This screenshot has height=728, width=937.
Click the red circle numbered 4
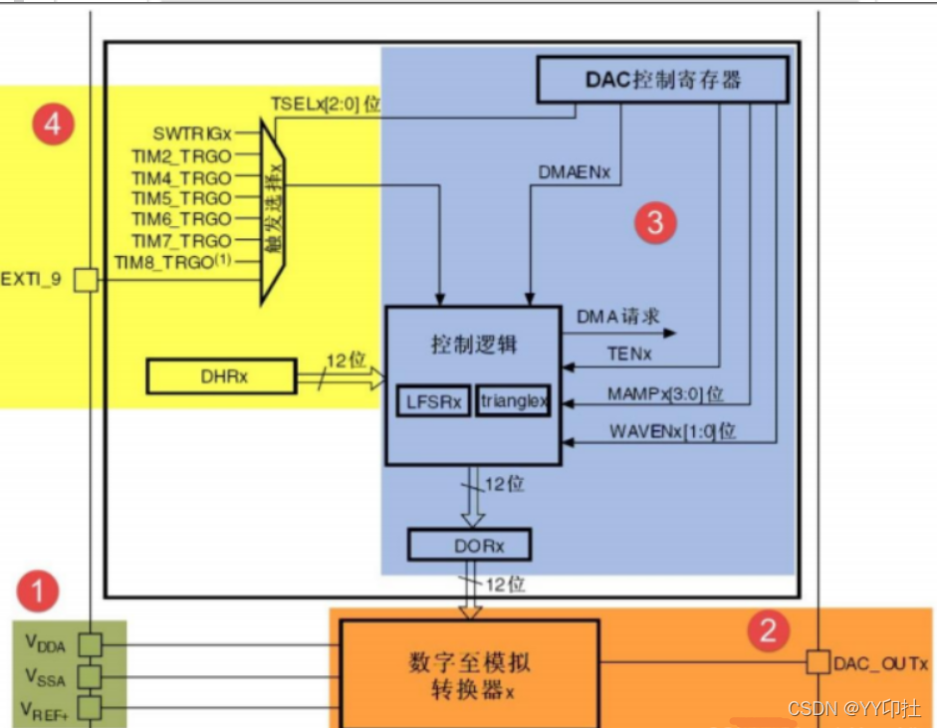52,124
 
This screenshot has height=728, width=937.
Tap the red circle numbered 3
654,222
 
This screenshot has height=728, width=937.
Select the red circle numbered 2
768,629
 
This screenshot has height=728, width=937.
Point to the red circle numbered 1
39,593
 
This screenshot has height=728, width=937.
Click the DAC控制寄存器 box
662,80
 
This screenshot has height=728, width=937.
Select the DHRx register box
221,376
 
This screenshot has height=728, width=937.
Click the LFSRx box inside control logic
433,401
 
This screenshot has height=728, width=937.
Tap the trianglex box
513,401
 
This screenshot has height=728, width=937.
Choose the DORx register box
469,545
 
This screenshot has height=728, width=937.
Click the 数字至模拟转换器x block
469,674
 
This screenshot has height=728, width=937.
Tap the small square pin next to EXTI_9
88,280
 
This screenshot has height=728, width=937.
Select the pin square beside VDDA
91,644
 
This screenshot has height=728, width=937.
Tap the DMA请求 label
617,317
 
